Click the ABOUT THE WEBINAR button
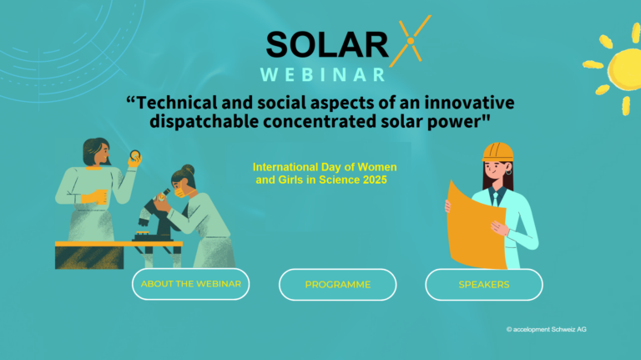[190, 284]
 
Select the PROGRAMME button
[338, 285]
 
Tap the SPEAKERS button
[484, 285]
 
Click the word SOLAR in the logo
[327, 44]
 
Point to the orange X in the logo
[411, 41]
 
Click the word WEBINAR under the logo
[322, 75]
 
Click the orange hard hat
[497, 152]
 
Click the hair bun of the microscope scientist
[189, 169]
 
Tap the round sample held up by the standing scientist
[135, 155]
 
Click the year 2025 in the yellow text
[375, 180]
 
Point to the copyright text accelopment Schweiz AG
[546, 329]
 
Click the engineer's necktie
[496, 199]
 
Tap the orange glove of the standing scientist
[94, 198]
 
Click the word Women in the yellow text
[377, 167]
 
